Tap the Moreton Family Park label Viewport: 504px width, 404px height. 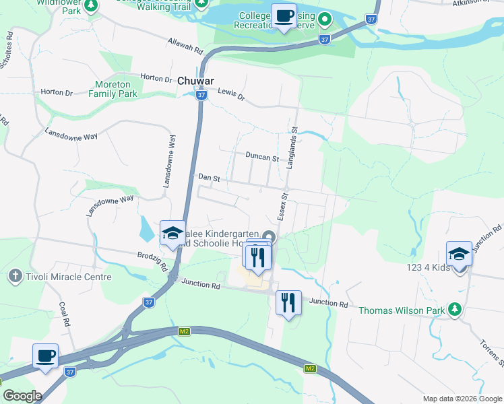point(113,88)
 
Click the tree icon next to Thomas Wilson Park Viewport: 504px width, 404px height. point(456,310)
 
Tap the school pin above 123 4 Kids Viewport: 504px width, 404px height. point(459,255)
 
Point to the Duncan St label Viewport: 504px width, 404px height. point(262,158)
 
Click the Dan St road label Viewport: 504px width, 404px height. point(210,178)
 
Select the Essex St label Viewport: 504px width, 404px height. point(284,207)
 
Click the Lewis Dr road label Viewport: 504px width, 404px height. point(232,96)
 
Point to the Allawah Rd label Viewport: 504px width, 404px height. point(185,45)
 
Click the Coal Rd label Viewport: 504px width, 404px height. point(65,313)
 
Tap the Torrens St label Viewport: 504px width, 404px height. point(496,353)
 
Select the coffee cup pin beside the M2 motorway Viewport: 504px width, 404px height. point(46,356)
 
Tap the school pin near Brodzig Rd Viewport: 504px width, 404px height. point(172,234)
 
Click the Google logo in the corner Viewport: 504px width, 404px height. point(22,396)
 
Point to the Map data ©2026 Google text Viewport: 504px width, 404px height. point(462,399)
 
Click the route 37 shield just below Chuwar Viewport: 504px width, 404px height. point(201,96)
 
